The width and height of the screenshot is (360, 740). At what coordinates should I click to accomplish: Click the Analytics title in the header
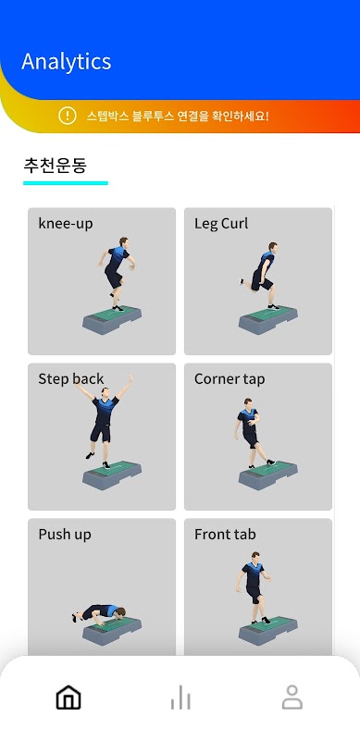pyautogui.click(x=66, y=62)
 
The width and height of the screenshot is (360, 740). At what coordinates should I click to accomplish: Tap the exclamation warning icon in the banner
pyautogui.click(x=68, y=115)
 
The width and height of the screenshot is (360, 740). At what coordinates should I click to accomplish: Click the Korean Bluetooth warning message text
pyautogui.click(x=178, y=116)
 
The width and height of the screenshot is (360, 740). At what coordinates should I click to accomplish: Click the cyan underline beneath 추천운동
pyautogui.click(x=66, y=183)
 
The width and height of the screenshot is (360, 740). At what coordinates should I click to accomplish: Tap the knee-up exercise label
pyautogui.click(x=66, y=223)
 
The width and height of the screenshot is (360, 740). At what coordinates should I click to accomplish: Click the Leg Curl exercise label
pyautogui.click(x=221, y=223)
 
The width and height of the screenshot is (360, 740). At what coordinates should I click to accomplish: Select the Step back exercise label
pyautogui.click(x=71, y=379)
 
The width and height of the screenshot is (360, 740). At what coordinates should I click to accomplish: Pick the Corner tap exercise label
pyautogui.click(x=230, y=379)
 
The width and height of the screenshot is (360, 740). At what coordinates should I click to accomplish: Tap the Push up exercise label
pyautogui.click(x=65, y=535)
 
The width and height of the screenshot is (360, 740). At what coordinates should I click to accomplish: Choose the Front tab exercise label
pyautogui.click(x=226, y=535)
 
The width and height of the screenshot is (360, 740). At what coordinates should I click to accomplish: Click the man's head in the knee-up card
pyautogui.click(x=124, y=241)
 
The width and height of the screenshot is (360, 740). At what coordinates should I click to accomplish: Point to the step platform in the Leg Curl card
pyautogui.click(x=268, y=319)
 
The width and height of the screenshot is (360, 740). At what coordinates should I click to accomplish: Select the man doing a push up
pyautogui.click(x=99, y=612)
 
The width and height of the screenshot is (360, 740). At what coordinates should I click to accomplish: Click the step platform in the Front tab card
pyautogui.click(x=268, y=630)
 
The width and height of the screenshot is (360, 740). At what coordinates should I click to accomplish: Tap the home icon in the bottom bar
pyautogui.click(x=68, y=697)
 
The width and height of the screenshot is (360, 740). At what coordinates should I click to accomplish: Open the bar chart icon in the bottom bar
pyautogui.click(x=180, y=697)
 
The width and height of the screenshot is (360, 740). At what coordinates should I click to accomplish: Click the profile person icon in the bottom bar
pyautogui.click(x=292, y=697)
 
